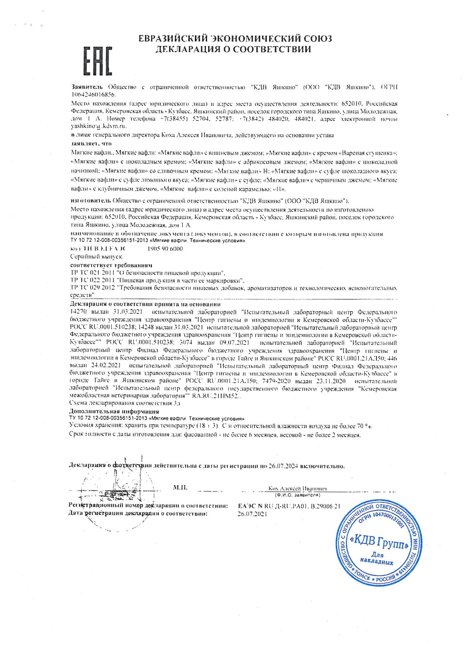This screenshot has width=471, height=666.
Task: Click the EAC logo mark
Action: [x=98, y=61]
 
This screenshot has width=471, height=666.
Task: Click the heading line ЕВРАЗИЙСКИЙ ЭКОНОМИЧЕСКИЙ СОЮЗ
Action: [x=235, y=38]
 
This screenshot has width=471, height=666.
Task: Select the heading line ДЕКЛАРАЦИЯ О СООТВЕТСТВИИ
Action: [x=233, y=49]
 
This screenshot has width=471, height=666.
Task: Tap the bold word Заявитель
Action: [x=87, y=87]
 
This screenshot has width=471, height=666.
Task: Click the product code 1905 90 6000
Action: [x=164, y=249]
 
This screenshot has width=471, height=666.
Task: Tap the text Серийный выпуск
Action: [x=91, y=257]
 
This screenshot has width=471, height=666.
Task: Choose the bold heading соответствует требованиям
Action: [x=111, y=265]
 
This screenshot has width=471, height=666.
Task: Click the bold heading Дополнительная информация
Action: [x=114, y=411]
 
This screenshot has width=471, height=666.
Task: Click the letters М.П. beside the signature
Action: [x=180, y=487]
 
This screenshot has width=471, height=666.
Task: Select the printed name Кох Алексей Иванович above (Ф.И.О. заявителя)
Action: [x=297, y=489]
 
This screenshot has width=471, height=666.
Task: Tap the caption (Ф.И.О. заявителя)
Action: [x=297, y=495]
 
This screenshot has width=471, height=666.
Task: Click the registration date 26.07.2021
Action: [x=252, y=514]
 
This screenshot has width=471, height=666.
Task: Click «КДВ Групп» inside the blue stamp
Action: [x=381, y=545]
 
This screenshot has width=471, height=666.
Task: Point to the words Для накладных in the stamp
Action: [x=377, y=558]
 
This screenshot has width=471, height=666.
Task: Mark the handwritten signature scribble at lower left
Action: [x=118, y=490]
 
